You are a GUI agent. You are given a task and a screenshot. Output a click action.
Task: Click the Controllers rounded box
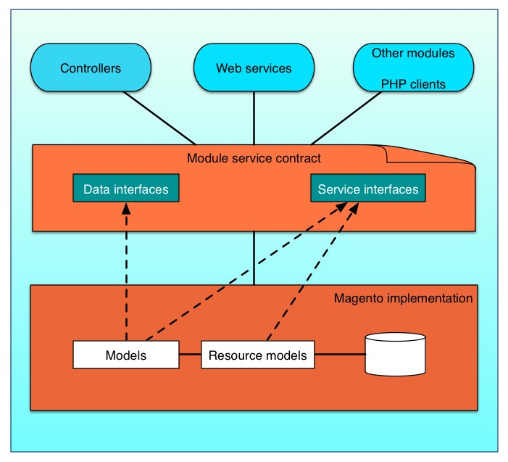pos(90,69)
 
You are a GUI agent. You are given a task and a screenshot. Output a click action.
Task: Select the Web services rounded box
pos(254,69)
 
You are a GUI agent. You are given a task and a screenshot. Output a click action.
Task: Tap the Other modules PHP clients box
pos(413,69)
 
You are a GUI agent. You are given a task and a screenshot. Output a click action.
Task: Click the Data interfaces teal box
pos(126,189)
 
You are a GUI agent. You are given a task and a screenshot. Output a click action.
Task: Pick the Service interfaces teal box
pos(368,189)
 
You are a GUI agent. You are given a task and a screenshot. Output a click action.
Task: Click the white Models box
pos(126,355)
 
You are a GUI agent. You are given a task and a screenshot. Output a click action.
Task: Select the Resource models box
pos(257,355)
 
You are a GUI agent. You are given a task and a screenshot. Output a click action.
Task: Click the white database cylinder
pos(395,355)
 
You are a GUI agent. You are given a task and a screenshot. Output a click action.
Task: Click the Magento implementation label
pos(403,298)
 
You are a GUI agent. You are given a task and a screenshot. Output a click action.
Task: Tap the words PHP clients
pos(413,84)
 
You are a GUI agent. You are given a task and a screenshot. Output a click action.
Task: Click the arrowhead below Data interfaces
pos(126,208)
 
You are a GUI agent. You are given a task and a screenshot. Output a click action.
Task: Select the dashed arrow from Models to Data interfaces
pos(126,276)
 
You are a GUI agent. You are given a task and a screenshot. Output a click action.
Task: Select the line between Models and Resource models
pos(189,355)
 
